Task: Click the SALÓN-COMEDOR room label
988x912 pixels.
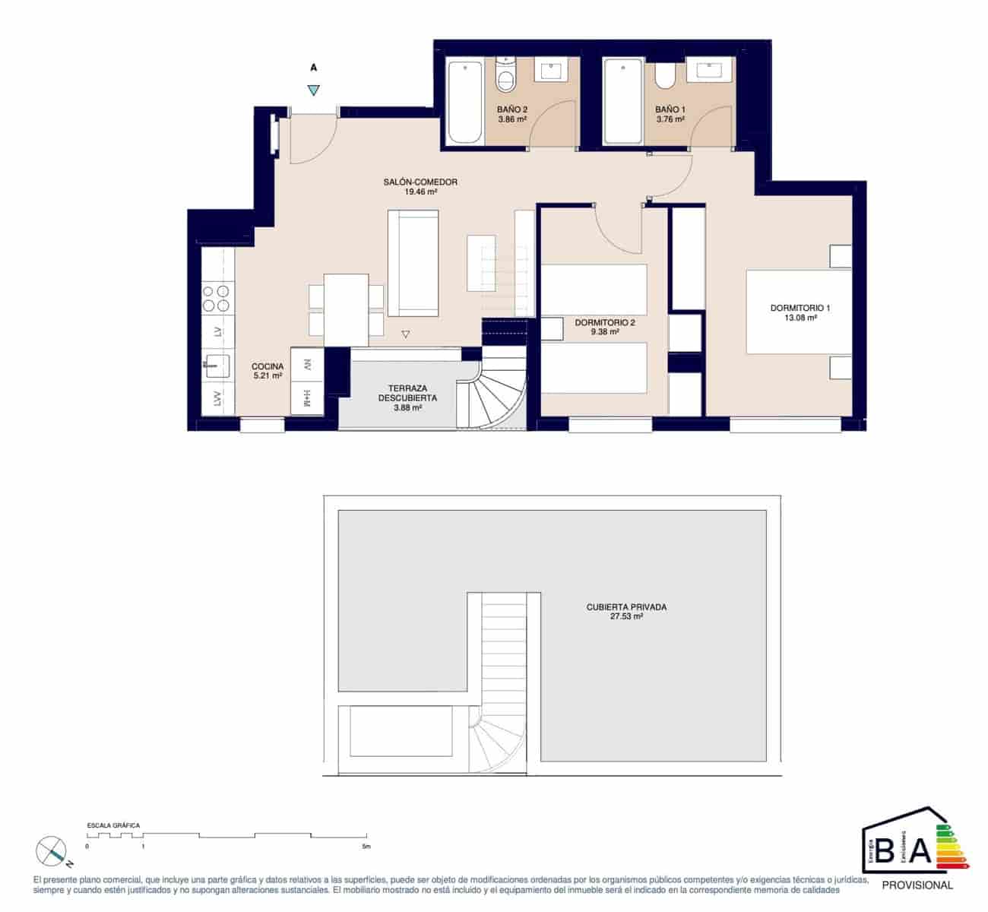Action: (x=420, y=187)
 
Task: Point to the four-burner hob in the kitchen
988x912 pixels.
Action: (x=216, y=297)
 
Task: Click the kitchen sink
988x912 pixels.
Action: (x=217, y=366)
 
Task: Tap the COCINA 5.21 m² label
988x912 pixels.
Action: (x=268, y=371)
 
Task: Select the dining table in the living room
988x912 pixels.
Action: (x=347, y=309)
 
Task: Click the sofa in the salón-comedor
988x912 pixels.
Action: (x=414, y=263)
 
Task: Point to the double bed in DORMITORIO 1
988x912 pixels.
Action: (x=798, y=312)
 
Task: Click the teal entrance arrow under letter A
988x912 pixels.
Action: (x=314, y=90)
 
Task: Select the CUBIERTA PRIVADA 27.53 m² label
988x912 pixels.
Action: (x=626, y=612)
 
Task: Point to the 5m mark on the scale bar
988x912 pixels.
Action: (x=366, y=845)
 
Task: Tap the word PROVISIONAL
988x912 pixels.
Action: (x=917, y=885)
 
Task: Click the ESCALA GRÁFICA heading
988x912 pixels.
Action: (x=113, y=825)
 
